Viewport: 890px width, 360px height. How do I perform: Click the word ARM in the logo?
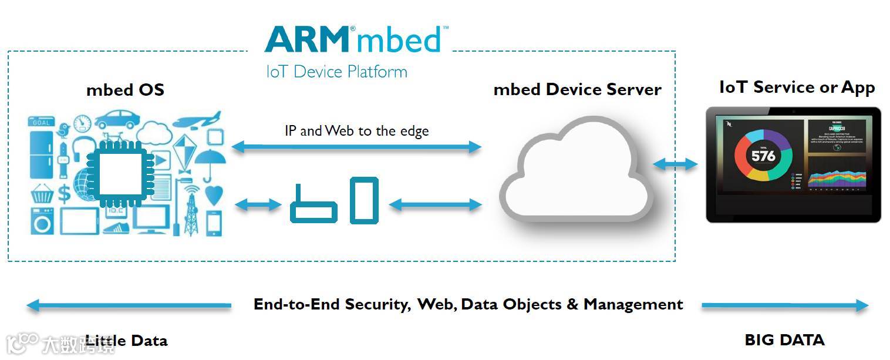pyautogui.click(x=306, y=39)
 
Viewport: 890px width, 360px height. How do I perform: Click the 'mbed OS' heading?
pyautogui.click(x=125, y=90)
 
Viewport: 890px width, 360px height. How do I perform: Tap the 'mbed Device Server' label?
pyautogui.click(x=577, y=89)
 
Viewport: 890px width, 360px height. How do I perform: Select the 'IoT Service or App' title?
pyautogui.click(x=797, y=88)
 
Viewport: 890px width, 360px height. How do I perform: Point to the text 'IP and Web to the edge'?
pyautogui.click(x=356, y=130)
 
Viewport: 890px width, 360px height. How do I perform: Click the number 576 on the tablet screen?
pyautogui.click(x=763, y=156)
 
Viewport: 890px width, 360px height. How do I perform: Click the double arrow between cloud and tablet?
pyautogui.click(x=675, y=164)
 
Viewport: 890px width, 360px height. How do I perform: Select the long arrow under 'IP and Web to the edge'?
pyautogui.click(x=356, y=147)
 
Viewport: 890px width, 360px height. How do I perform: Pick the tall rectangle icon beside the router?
pyautogui.click(x=364, y=200)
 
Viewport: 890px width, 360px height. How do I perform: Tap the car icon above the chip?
pyautogui.click(x=117, y=120)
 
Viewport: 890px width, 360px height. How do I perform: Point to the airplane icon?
pyautogui.click(x=197, y=120)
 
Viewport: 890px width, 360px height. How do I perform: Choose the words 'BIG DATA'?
pyautogui.click(x=784, y=340)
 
